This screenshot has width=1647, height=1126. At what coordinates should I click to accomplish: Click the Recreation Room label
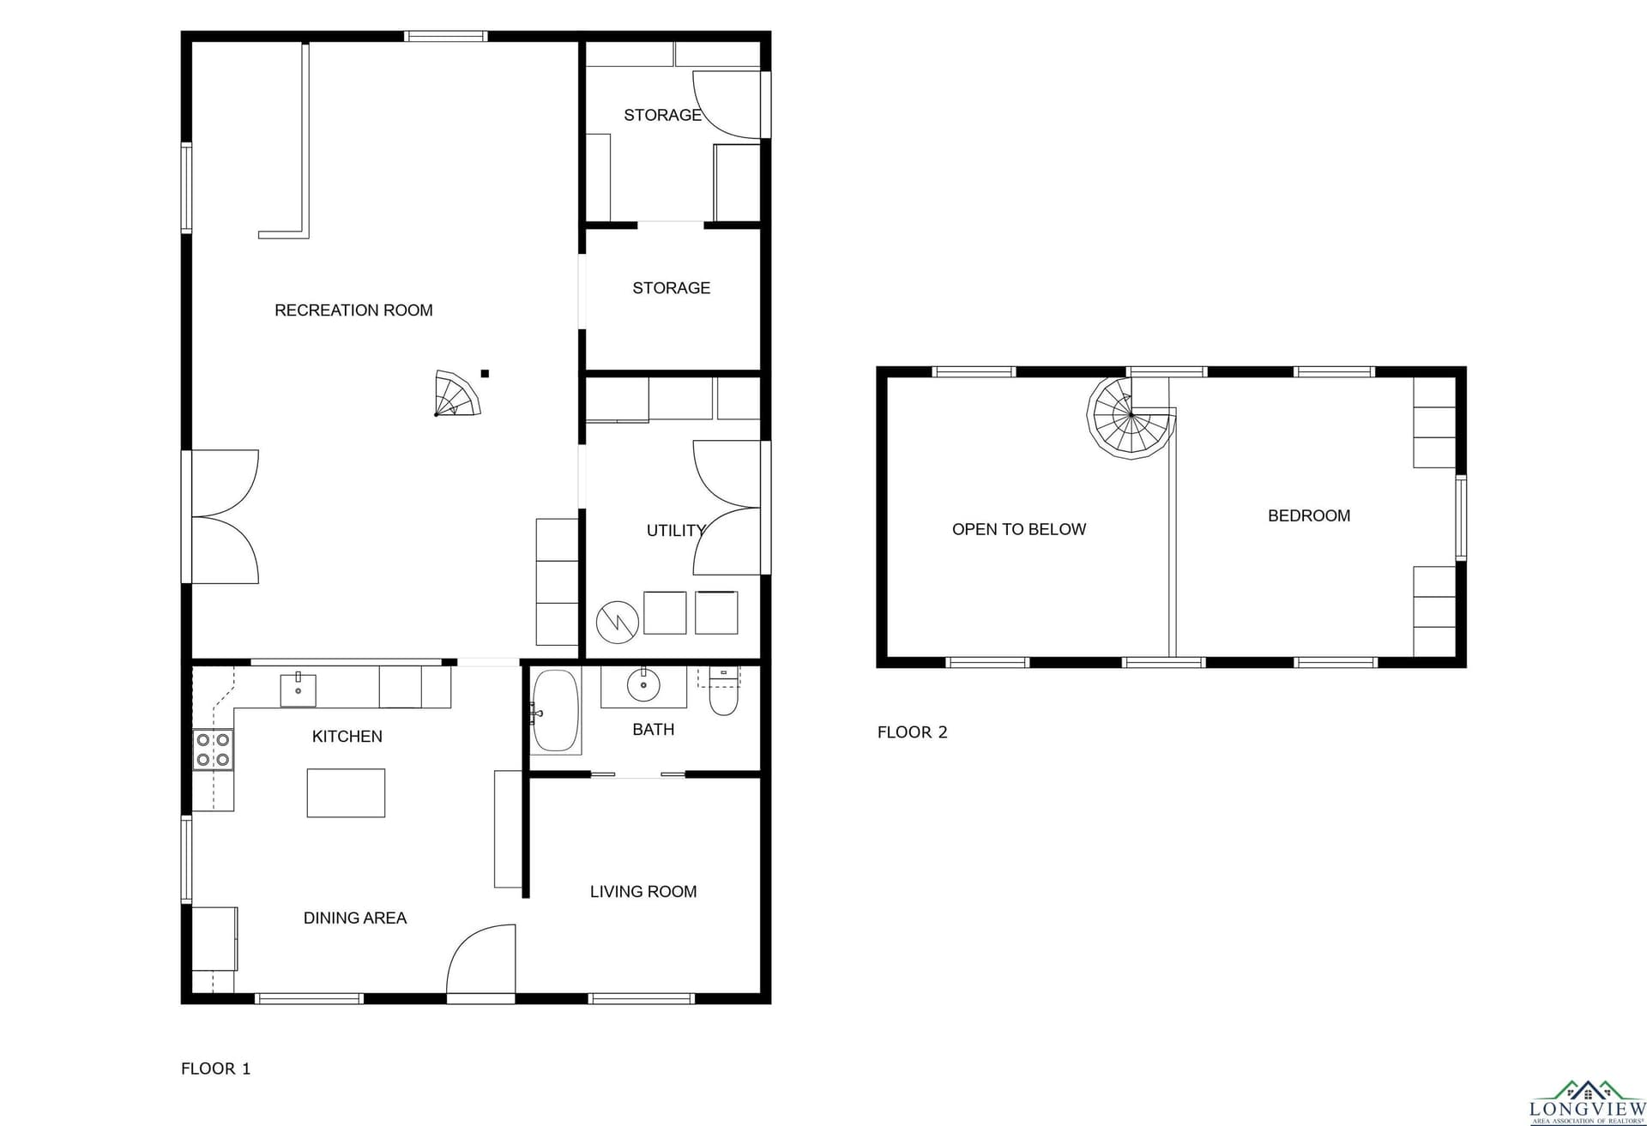[x=353, y=310]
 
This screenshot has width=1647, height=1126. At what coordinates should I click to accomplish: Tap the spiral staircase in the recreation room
[x=457, y=394]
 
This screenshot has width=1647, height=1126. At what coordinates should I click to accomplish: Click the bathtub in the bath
[x=556, y=711]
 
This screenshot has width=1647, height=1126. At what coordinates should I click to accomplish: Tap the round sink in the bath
[x=643, y=684]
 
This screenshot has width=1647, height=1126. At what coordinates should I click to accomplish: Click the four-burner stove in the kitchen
[x=213, y=750]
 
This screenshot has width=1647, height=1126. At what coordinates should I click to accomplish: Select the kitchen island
[x=346, y=792]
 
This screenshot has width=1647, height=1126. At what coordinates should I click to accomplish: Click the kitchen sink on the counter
[x=298, y=689]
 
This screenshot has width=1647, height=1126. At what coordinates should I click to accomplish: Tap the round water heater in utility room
[x=618, y=622]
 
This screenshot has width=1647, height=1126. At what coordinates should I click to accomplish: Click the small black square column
[x=485, y=373]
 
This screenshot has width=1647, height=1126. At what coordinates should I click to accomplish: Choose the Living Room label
[x=643, y=892]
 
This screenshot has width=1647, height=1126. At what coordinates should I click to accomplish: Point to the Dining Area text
[x=355, y=918]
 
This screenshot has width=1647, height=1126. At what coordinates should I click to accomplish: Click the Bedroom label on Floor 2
[x=1309, y=515]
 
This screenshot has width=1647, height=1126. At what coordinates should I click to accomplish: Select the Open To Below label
[x=1019, y=530]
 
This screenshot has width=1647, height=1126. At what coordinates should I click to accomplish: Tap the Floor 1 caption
[x=216, y=1069]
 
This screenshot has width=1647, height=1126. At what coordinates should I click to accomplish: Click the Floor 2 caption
[x=913, y=732]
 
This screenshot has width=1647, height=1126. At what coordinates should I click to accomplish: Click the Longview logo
[x=1587, y=1103]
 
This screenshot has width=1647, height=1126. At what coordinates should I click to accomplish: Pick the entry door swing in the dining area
[x=481, y=959]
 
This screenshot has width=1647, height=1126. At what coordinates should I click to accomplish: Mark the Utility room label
[x=676, y=531]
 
